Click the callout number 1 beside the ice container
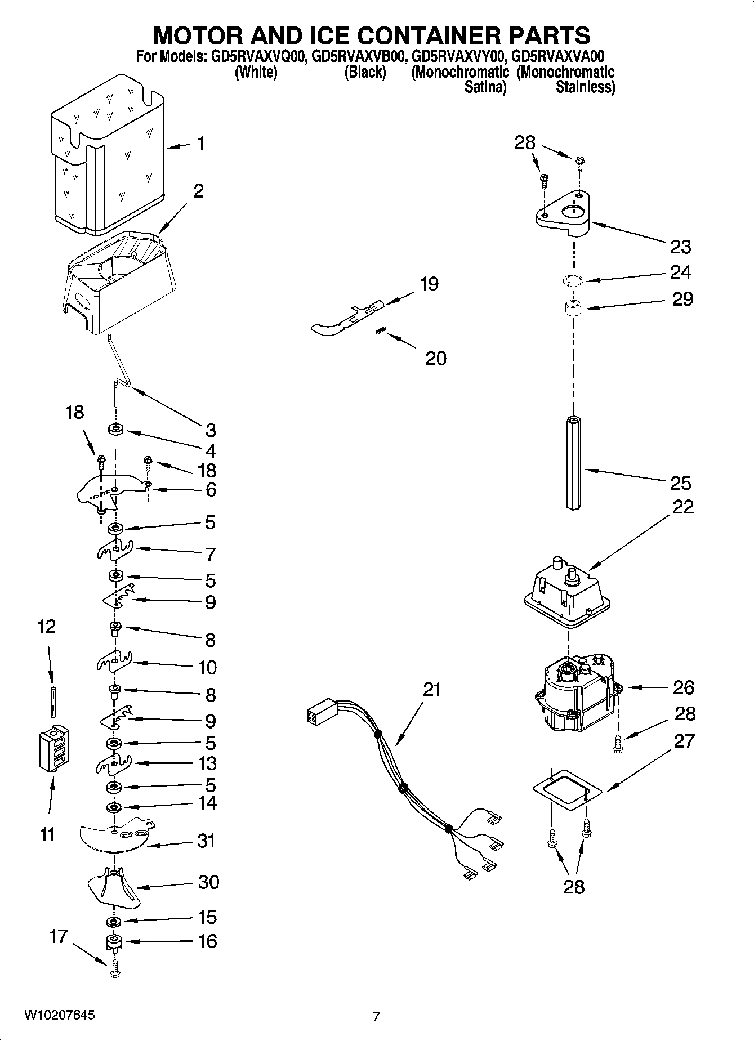200,144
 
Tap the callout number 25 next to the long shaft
680,483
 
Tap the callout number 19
429,284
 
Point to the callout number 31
206,841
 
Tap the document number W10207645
59,1016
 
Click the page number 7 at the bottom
376,1016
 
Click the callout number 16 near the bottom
207,941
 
